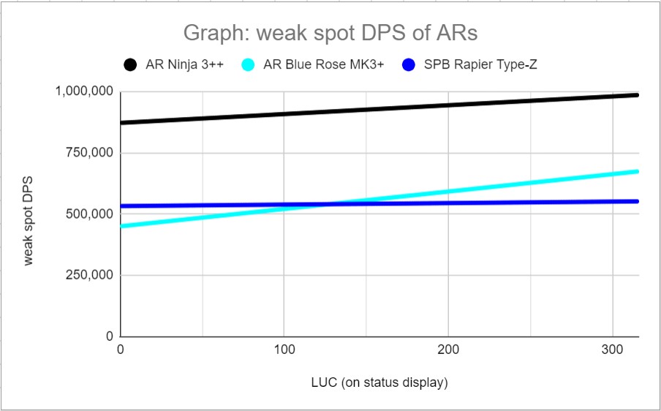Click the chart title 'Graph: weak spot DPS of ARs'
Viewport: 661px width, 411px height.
click(330, 34)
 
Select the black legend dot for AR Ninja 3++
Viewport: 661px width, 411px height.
click(131, 65)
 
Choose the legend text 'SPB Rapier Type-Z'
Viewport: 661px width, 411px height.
click(481, 65)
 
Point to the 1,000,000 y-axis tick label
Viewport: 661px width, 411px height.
click(83, 91)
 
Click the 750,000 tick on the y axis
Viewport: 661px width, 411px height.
click(89, 153)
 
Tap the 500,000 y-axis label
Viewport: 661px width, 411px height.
click(89, 214)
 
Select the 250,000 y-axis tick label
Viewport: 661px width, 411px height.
click(89, 276)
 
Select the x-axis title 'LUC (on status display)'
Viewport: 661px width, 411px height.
click(379, 382)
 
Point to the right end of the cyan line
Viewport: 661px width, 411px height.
click(638, 171)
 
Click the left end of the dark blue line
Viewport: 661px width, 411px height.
click(121, 206)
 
